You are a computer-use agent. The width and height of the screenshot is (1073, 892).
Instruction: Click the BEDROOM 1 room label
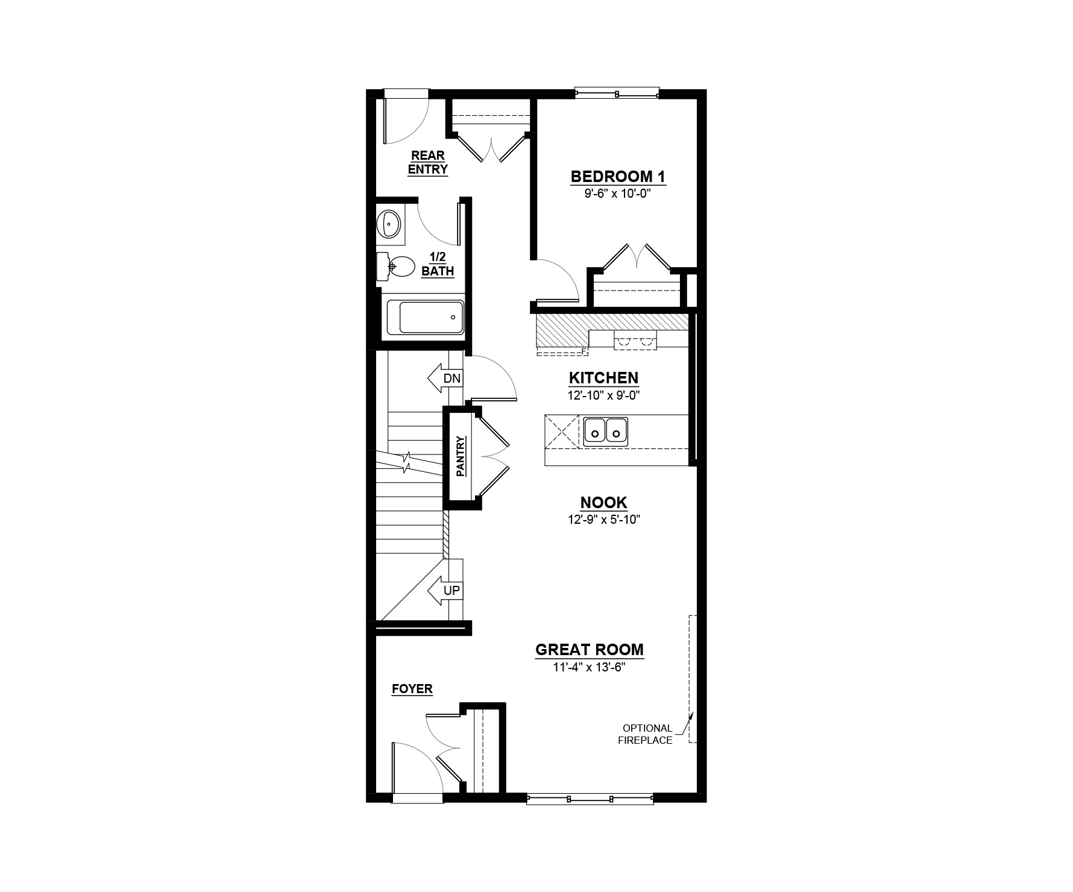click(618, 177)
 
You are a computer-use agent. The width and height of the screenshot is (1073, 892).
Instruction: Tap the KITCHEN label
click(603, 378)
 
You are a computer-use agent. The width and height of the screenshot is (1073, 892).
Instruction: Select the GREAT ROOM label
click(590, 650)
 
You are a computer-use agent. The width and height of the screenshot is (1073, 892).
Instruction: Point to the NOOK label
click(603, 503)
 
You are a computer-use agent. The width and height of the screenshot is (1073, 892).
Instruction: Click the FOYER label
click(412, 689)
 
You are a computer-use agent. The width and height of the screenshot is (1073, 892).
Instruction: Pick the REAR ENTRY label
click(428, 163)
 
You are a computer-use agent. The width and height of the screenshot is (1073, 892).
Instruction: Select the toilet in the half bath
click(396, 266)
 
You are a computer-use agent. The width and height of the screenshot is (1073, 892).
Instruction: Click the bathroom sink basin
click(390, 224)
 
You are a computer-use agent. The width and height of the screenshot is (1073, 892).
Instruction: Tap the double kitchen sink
click(605, 432)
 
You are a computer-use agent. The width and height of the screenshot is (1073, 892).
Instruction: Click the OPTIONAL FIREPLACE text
click(646, 734)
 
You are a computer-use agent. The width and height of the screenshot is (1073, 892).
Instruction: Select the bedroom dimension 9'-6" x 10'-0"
click(618, 194)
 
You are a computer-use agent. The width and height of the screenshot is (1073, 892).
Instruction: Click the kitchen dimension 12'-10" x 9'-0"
click(603, 395)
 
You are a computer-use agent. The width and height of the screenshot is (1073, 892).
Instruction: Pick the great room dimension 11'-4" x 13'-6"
click(590, 667)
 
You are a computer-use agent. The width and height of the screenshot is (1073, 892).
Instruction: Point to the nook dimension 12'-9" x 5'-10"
click(603, 520)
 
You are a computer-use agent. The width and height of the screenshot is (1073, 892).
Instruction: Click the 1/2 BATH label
click(438, 265)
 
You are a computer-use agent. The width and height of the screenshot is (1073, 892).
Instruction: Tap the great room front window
click(590, 799)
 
